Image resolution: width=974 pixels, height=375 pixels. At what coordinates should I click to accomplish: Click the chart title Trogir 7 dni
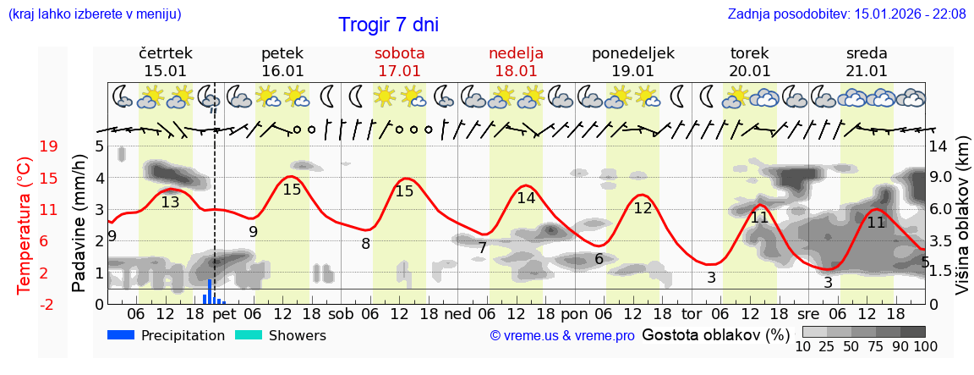[x=388, y=25]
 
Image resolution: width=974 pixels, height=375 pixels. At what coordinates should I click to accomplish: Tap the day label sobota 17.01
[x=399, y=62]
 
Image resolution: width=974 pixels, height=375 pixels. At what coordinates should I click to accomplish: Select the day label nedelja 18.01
[x=516, y=62]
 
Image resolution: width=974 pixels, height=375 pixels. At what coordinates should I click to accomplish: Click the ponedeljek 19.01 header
[x=632, y=62]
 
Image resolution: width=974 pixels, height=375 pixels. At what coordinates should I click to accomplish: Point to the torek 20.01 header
[x=750, y=62]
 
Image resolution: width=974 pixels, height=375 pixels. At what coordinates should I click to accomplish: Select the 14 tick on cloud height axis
[x=941, y=146]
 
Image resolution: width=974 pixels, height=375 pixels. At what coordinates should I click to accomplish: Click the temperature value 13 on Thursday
[x=170, y=202]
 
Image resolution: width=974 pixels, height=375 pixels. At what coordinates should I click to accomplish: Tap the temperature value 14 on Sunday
[x=527, y=198]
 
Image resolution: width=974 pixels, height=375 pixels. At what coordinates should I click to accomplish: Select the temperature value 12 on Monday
[x=643, y=207]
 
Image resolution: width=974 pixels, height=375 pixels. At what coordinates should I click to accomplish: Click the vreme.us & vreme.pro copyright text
[x=562, y=336]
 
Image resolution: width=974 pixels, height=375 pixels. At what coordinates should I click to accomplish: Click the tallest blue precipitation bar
[x=210, y=291]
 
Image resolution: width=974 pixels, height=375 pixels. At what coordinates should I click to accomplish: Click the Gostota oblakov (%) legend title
[x=716, y=335]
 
